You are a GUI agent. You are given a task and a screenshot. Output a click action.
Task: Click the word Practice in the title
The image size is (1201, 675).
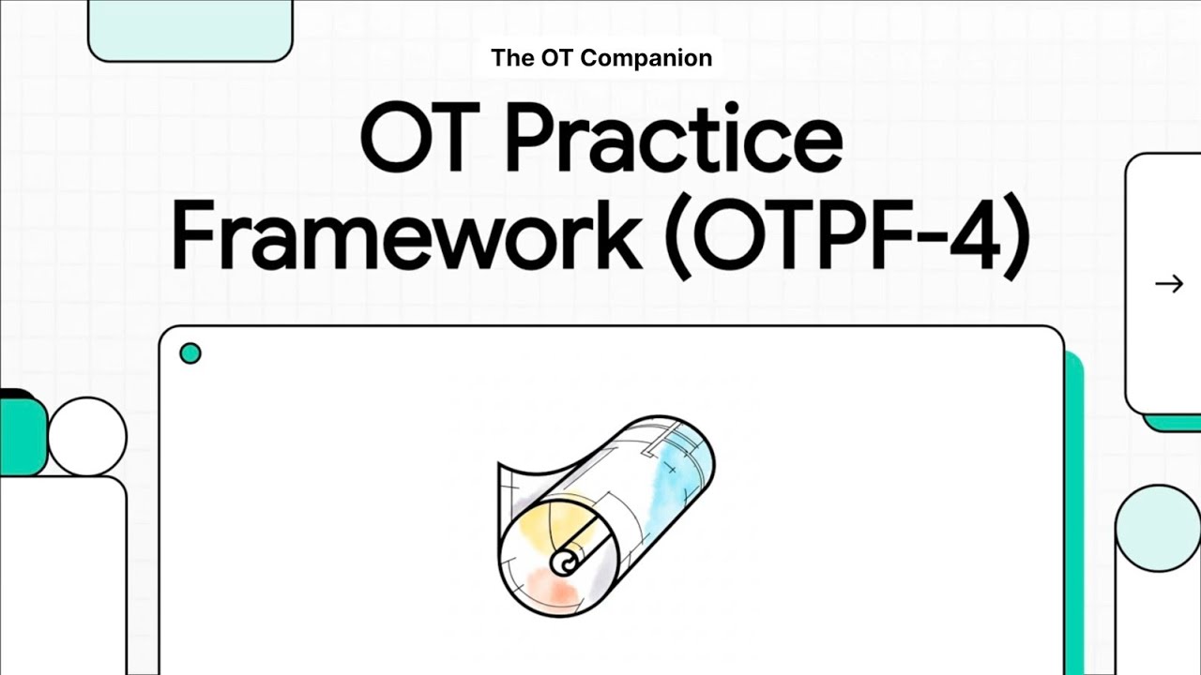674,141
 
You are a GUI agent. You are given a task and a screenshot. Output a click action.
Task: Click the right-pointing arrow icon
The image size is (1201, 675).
1168,284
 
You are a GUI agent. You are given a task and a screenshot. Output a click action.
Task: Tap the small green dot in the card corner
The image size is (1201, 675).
190,353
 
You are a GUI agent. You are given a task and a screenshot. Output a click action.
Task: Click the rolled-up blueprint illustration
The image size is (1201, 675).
605,516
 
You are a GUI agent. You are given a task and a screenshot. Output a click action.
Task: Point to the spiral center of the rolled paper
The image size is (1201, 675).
564,563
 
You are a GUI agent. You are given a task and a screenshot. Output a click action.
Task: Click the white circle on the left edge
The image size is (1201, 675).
86,436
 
